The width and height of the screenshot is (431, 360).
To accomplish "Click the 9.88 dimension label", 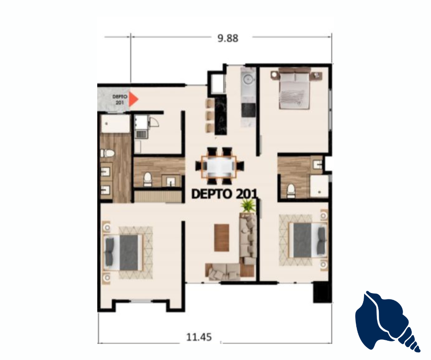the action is pyautogui.click(x=228, y=38).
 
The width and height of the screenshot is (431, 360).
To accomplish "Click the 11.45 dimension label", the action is pyautogui.click(x=199, y=337).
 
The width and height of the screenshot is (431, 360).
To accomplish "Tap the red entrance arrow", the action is pyautogui.click(x=133, y=99).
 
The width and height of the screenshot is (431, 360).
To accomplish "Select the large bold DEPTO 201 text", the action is pyautogui.click(x=224, y=194).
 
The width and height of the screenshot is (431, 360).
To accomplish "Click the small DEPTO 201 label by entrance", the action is pyautogui.click(x=120, y=100).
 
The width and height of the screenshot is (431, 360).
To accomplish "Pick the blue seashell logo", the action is pyautogui.click(x=387, y=321).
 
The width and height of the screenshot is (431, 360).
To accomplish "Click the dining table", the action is pyautogui.click(x=219, y=166).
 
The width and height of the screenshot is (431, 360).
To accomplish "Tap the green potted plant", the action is pyautogui.click(x=248, y=206).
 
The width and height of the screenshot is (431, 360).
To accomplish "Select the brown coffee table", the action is pyautogui.click(x=221, y=238).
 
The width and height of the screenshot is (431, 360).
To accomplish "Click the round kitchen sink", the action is pyautogui.click(x=249, y=79).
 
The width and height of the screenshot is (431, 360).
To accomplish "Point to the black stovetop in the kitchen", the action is pyautogui.click(x=248, y=110).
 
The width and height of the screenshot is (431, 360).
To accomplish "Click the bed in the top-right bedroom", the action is pyautogui.click(x=295, y=89).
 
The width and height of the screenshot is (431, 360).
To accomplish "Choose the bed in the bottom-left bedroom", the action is pyautogui.click(x=123, y=253).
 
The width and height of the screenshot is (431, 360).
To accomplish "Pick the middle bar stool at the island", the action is pyautogui.click(x=210, y=115).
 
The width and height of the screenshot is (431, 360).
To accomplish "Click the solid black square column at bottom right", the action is pyautogui.click(x=323, y=292).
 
